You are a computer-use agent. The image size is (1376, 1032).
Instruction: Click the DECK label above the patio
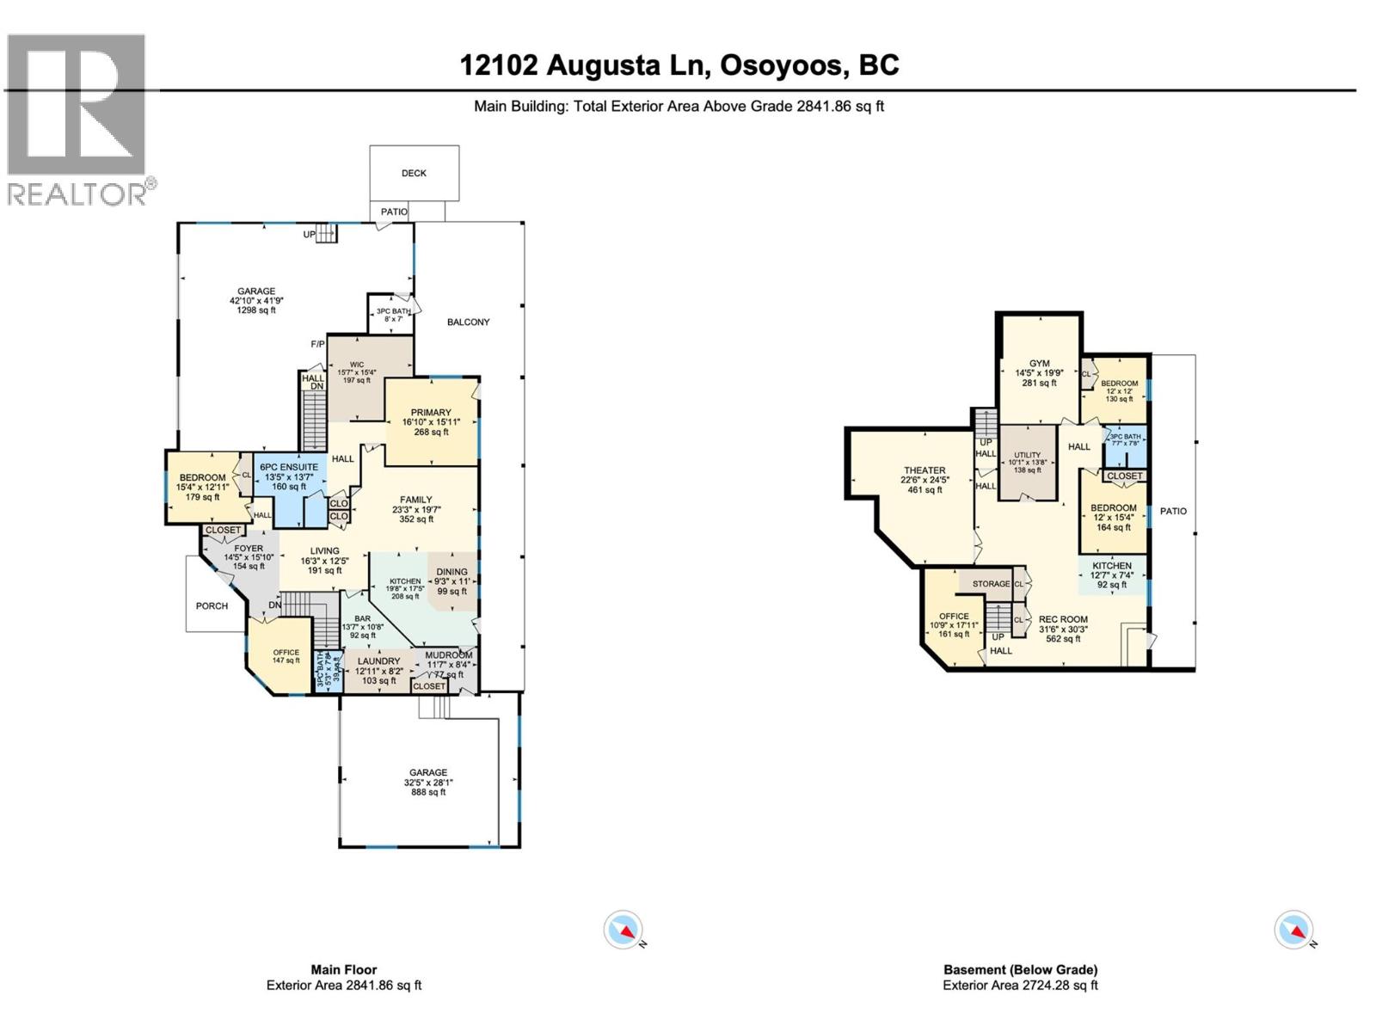point(414,173)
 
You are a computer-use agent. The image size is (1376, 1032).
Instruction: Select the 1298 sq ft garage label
point(256,300)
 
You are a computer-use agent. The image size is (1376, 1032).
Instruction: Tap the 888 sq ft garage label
point(427,782)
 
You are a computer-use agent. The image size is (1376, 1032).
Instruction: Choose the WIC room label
point(357,372)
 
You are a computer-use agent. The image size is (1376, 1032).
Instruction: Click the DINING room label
point(451,580)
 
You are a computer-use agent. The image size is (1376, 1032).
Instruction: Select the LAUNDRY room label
point(378,670)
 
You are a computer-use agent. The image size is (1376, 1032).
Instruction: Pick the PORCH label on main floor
point(212,605)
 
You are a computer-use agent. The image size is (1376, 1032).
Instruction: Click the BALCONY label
point(468,322)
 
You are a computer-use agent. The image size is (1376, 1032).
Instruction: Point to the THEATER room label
point(924,479)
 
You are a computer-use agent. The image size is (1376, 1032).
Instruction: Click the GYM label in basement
point(1039,372)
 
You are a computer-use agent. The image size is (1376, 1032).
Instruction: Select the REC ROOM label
point(1063,628)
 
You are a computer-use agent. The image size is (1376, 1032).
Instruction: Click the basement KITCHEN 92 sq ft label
point(1112,574)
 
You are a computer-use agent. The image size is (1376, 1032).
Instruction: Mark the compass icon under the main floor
point(623,930)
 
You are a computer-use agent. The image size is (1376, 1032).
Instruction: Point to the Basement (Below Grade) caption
point(1020,969)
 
